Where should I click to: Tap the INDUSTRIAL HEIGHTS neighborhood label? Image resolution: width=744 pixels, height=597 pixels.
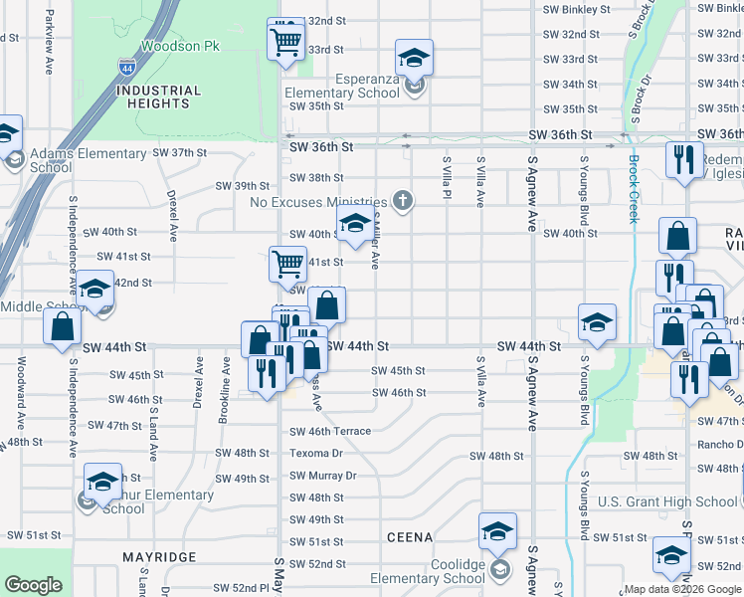(159, 97)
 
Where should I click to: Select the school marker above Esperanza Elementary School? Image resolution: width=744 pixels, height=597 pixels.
(414, 56)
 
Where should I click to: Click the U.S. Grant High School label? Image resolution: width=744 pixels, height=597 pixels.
(668, 501)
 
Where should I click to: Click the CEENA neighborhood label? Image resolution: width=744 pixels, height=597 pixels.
(410, 537)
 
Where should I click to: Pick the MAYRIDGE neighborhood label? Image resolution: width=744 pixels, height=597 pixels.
(159, 557)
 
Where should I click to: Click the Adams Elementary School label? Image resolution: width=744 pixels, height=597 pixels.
(88, 160)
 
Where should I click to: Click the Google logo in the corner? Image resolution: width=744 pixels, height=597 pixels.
(34, 585)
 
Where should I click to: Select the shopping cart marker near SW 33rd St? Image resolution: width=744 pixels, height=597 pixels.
(285, 42)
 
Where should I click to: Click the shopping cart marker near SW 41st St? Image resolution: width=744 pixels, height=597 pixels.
(287, 264)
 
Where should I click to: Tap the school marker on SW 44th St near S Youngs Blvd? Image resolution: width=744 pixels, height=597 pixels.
(597, 321)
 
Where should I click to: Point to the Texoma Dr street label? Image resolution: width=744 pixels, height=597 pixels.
(316, 453)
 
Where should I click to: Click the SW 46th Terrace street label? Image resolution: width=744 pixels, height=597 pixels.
(330, 431)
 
